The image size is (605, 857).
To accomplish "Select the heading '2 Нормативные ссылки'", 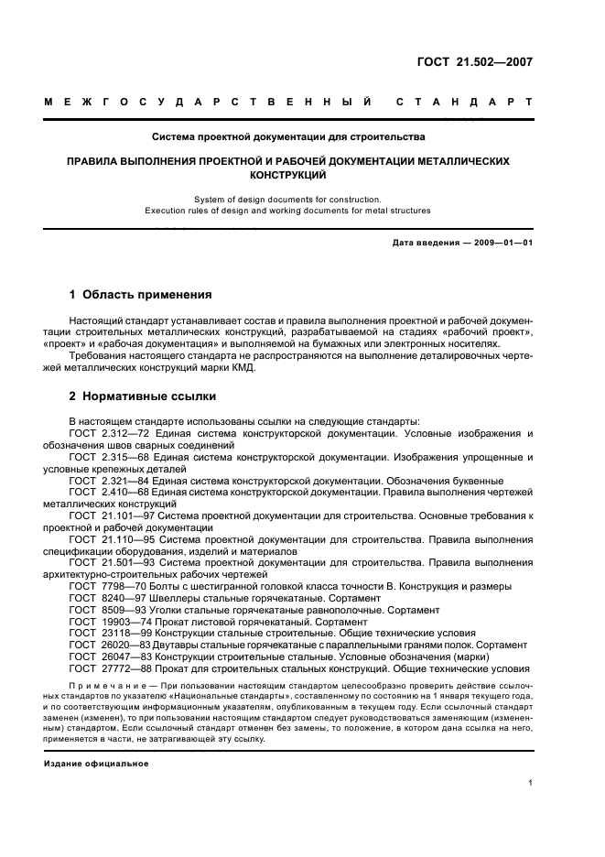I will (x=143, y=398).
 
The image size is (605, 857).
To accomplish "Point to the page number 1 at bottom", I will (x=531, y=783).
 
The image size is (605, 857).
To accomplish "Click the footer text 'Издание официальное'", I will (x=96, y=763).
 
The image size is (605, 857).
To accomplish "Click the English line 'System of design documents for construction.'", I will (x=288, y=199).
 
